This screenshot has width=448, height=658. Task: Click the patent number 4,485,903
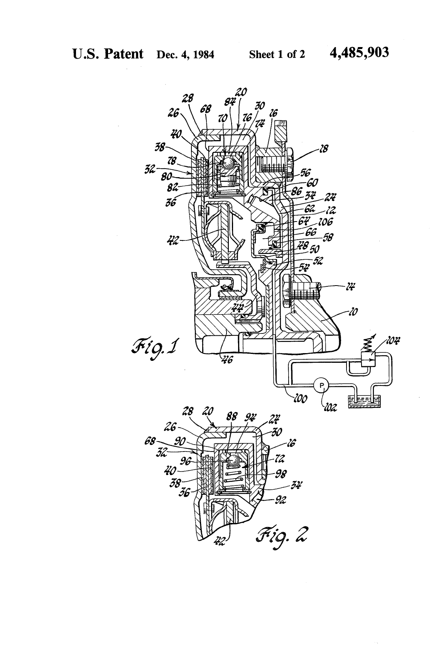tap(359, 53)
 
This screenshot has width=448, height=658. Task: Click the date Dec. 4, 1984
tap(185, 54)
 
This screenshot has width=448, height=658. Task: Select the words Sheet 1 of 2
tap(277, 54)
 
